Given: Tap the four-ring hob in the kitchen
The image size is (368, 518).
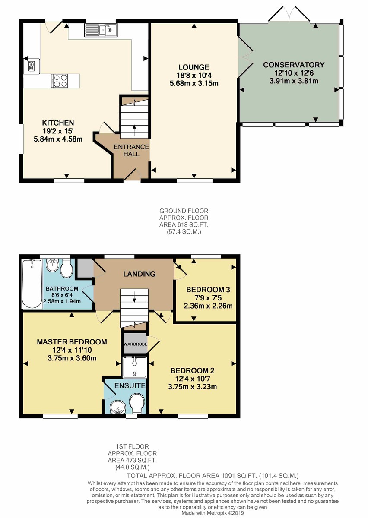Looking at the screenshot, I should click(x=59, y=80).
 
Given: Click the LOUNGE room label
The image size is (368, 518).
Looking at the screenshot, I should click(x=194, y=67).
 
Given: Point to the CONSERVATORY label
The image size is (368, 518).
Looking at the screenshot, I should click(x=294, y=65).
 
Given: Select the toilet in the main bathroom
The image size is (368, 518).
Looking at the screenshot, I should click(x=66, y=269).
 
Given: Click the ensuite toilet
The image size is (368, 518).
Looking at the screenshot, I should click(x=138, y=402).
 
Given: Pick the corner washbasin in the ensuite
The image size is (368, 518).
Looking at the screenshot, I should click(x=115, y=407).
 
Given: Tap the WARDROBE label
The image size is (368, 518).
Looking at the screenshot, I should click(x=135, y=344).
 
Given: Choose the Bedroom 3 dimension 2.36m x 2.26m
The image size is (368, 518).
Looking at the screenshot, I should click(x=209, y=306).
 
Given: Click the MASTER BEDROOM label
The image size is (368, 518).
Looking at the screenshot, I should click(x=72, y=342).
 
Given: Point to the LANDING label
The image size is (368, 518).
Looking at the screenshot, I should click(x=139, y=274).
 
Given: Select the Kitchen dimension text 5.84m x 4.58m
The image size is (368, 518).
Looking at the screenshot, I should click(x=58, y=139).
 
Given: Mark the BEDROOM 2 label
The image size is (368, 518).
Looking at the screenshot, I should click(x=193, y=370).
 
